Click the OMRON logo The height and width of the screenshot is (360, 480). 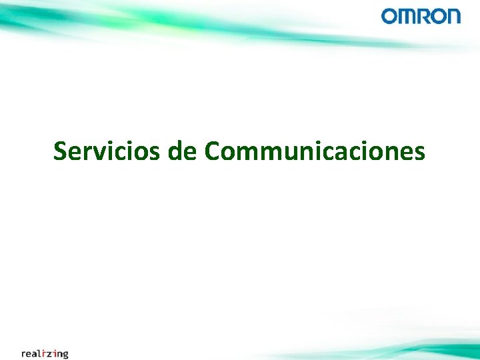pyautogui.click(x=421, y=16)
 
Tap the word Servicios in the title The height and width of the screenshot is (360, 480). pyautogui.click(x=106, y=151)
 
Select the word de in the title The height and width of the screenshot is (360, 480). pyautogui.click(x=182, y=151)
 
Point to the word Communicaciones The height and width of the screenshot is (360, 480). pyautogui.click(x=315, y=151)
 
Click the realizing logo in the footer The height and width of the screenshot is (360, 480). pyautogui.click(x=45, y=353)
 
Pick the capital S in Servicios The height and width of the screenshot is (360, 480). pyautogui.click(x=61, y=151)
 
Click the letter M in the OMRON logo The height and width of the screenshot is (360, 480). pyautogui.click(x=405, y=16)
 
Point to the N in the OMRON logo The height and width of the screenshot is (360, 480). pyautogui.click(x=453, y=16)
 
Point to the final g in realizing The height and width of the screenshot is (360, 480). pyautogui.click(x=64, y=355)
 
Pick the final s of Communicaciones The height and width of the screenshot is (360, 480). pyautogui.click(x=418, y=153)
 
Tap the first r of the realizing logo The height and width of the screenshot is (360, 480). pyautogui.click(x=24, y=354)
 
